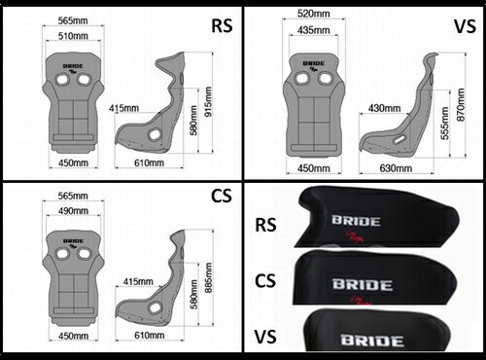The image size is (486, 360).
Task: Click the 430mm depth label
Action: point(384,108)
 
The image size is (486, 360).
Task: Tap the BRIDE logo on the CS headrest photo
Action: point(362,285)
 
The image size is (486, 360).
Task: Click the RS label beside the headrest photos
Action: point(267,226)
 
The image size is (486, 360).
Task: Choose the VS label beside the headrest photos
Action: point(267,339)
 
